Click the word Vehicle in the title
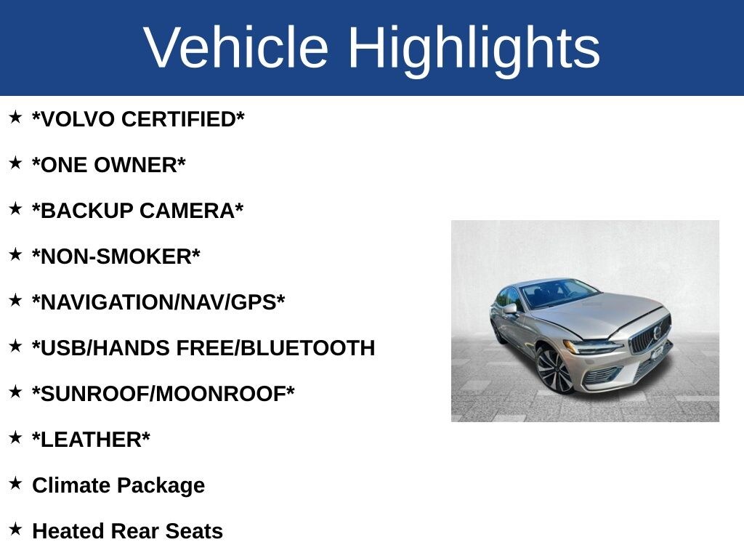[x=236, y=47]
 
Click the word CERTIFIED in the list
[x=179, y=119]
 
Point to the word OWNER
[x=135, y=165]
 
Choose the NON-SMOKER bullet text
[x=116, y=256]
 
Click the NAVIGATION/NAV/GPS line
[x=158, y=302]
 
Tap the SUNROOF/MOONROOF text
[x=163, y=394]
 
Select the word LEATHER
[x=91, y=440]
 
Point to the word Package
[x=161, y=486]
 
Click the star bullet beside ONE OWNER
[x=15, y=163]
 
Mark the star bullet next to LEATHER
[x=15, y=437]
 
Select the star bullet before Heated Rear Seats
[x=15, y=529]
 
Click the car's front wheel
[x=554, y=370]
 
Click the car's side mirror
[x=511, y=309]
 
